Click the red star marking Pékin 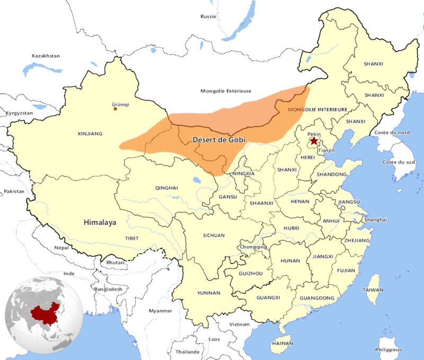[314, 141]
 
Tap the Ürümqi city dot [116, 109]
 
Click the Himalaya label [99, 223]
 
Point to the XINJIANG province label [90, 134]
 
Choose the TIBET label [131, 238]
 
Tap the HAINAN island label [283, 343]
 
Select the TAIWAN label [373, 290]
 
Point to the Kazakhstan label [46, 56]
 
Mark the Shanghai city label [375, 220]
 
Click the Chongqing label [253, 247]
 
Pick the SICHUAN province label [214, 235]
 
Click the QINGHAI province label [166, 187]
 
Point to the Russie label [208, 16]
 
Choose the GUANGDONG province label [317, 298]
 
